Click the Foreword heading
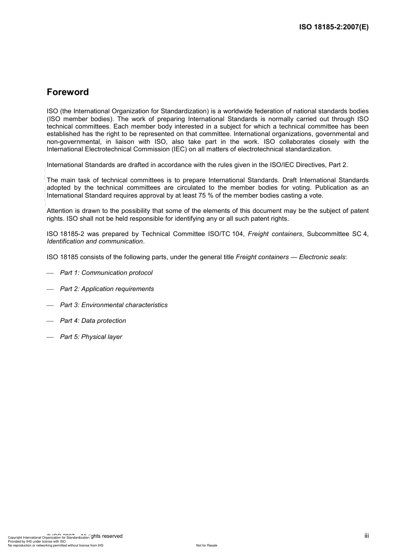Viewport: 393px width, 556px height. (x=68, y=92)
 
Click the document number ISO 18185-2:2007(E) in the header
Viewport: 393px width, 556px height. (x=333, y=27)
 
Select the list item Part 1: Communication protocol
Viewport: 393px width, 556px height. (x=106, y=273)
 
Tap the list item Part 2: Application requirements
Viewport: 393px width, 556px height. (x=107, y=289)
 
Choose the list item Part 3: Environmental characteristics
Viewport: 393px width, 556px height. (x=114, y=305)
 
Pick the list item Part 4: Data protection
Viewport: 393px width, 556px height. (x=93, y=321)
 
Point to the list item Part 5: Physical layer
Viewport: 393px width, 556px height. (x=91, y=337)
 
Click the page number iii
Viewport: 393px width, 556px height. (x=367, y=536)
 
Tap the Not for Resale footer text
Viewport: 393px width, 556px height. (x=206, y=545)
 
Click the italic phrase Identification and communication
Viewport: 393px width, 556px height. (x=95, y=241)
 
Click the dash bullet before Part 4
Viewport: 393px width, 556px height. (x=50, y=321)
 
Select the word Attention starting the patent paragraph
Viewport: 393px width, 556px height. (x=60, y=211)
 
